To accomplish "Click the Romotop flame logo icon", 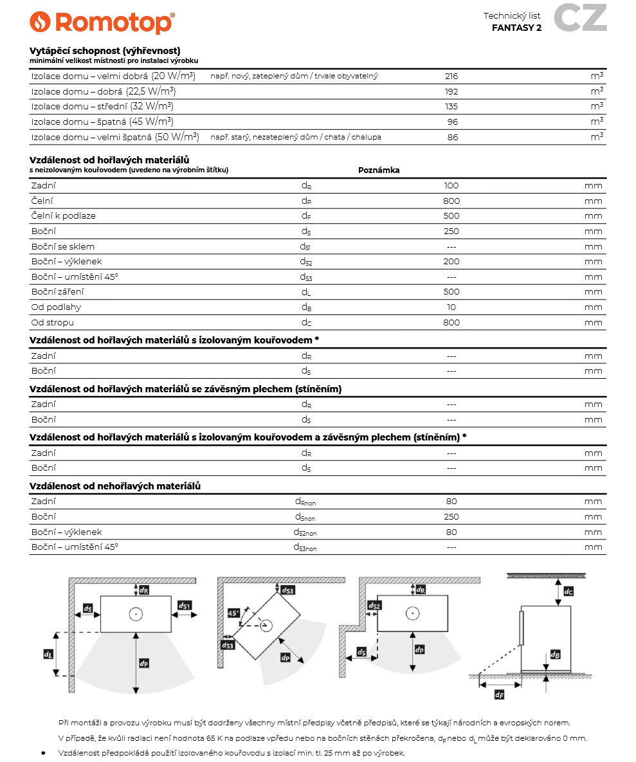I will [x=40, y=22].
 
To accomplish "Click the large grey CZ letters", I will [x=580, y=19].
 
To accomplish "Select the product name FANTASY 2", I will [x=516, y=28].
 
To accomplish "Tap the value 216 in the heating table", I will [x=451, y=76].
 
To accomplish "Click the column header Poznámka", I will [x=379, y=170].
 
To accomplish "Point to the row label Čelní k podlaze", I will [x=64, y=216].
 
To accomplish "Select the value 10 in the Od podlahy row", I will [x=451, y=307].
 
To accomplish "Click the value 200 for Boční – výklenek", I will [x=451, y=262].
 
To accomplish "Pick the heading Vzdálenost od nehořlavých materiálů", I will [x=115, y=486].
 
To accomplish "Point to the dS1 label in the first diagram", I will [x=184, y=606].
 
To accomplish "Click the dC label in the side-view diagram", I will [x=568, y=590].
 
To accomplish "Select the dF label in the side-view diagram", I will [x=499, y=694].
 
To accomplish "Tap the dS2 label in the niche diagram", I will [x=374, y=606].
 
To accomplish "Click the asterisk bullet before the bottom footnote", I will [x=43, y=752].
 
